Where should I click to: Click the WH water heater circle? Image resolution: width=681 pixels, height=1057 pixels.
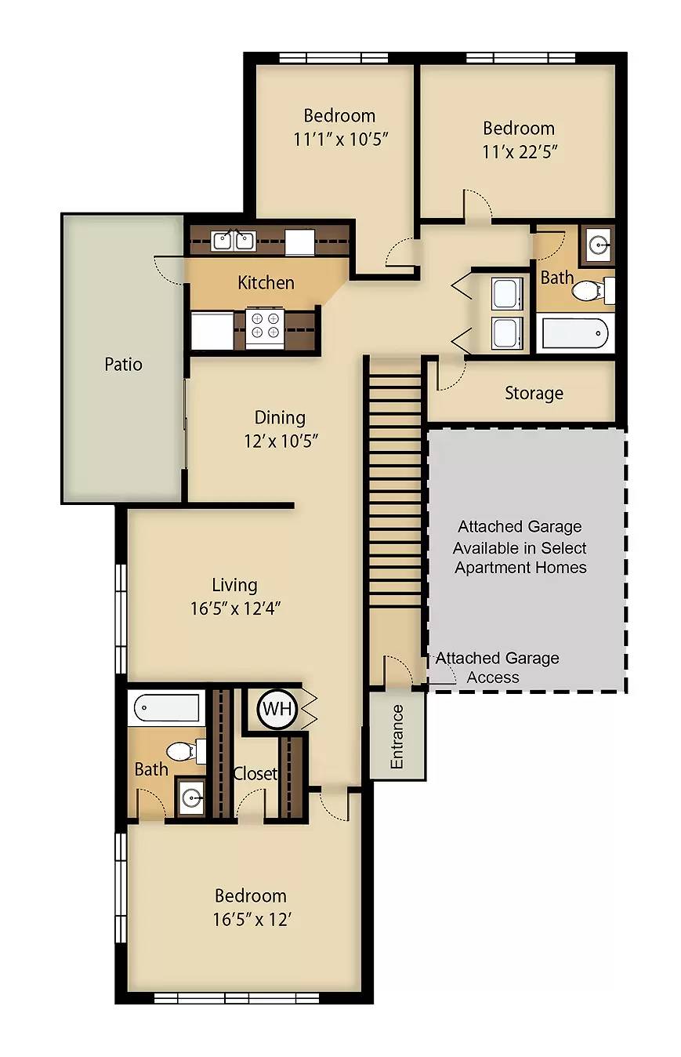coord(277,708)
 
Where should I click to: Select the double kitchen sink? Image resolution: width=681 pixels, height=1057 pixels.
coord(233,241)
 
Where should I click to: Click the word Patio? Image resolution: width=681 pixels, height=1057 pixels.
coord(123,365)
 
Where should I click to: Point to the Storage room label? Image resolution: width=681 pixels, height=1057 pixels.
coord(534,393)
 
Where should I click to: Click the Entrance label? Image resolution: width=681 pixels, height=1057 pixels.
coord(397,736)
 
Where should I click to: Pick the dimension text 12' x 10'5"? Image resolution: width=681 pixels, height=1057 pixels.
coord(281,441)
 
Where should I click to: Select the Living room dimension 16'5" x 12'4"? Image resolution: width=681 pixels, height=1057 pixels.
coord(236,608)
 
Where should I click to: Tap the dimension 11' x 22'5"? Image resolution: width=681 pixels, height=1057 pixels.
coord(520,152)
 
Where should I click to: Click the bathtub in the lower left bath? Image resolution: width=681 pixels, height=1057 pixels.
coord(166,708)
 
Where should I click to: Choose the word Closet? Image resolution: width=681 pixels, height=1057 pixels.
coord(255,773)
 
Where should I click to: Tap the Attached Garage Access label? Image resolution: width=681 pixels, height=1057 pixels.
coord(497,667)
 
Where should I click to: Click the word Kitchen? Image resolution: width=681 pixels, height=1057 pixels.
coord(266,282)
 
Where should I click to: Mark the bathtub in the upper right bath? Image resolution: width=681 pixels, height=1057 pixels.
coord(575,333)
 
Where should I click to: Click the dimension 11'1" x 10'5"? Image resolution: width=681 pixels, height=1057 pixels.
coord(340,140)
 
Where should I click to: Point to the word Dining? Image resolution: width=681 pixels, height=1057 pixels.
coord(280,418)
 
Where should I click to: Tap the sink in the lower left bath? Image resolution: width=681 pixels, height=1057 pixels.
coord(190,798)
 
